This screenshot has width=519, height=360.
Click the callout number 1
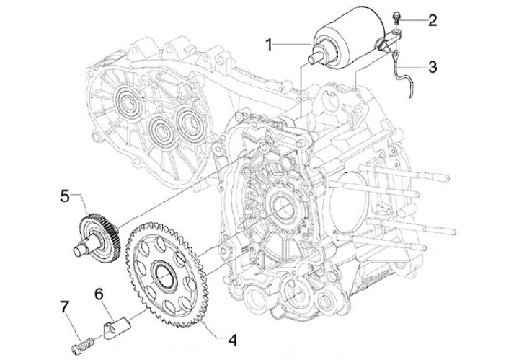(x=270, y=45)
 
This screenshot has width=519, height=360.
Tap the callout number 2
(x=432, y=20)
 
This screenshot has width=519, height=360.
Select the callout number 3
(x=432, y=67)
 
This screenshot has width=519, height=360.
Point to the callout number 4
(x=233, y=340)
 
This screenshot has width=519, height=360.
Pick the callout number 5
(x=65, y=196)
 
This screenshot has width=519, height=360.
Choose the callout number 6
(x=99, y=294)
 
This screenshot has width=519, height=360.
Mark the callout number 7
(x=65, y=307)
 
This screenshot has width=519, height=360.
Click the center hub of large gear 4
(x=164, y=275)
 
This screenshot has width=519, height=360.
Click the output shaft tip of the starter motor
(x=313, y=59)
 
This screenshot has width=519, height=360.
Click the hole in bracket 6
(x=112, y=330)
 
